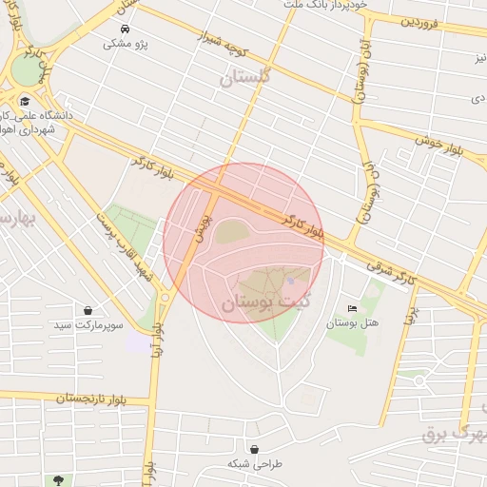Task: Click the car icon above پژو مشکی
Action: point(126,29)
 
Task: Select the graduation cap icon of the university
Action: point(24,101)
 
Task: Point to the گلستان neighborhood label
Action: point(245,80)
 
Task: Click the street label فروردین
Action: point(422,20)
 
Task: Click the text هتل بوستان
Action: point(353,323)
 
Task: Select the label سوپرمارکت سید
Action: point(88,325)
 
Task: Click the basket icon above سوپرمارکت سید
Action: point(88,311)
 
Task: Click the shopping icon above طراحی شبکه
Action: point(255,449)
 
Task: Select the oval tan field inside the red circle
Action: point(232,231)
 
